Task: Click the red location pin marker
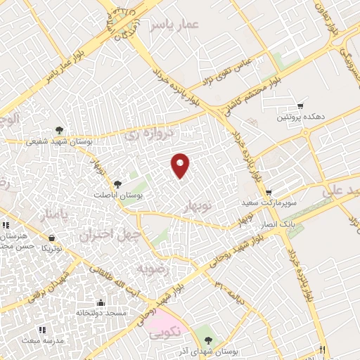click(181, 165)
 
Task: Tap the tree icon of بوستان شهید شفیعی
click(59, 129)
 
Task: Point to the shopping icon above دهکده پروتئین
click(301, 105)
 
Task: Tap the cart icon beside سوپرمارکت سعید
click(268, 192)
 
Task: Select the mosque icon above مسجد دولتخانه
click(100, 302)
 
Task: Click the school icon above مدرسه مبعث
click(41, 329)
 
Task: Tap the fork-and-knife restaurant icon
click(322, 349)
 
